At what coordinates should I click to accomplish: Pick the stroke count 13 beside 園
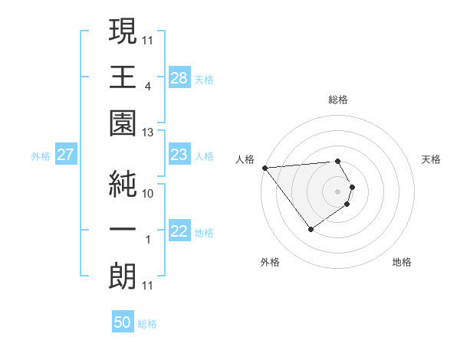149,132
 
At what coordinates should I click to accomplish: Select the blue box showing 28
179,77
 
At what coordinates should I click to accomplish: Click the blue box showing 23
179,155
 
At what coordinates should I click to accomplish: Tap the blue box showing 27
66,155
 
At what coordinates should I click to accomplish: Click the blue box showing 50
123,322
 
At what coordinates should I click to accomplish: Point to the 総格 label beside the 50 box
147,324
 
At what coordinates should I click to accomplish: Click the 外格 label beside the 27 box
41,156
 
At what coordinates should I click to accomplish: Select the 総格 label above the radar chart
338,100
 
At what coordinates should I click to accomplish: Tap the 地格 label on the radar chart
402,262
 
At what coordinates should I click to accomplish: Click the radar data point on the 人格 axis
264,168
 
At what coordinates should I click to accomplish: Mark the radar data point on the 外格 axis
310,229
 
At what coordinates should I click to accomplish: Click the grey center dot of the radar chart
338,190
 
